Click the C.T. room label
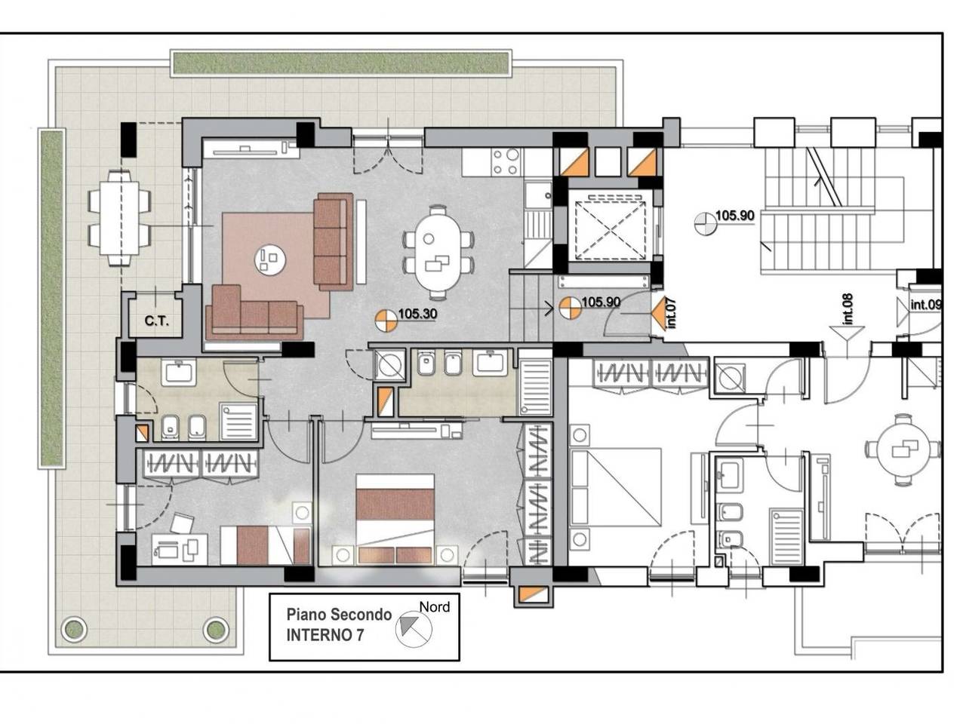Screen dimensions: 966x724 coord(157,321)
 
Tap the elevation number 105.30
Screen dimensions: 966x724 coord(417,314)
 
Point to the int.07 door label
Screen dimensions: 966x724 coord(672,314)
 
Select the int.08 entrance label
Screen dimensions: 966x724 coord(848,309)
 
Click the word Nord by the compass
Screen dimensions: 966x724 coord(435,607)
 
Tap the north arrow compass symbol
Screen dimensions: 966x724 coord(414,629)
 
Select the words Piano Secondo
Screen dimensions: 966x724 coord(339,614)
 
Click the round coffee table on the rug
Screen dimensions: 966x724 coord(270,259)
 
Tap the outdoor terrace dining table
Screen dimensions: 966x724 coord(118,219)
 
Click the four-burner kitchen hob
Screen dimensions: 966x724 coord(506,161)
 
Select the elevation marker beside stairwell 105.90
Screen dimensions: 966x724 coord(704,223)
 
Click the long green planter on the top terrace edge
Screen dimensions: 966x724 coord(342,63)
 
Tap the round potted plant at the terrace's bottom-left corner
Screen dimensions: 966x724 coord(73,630)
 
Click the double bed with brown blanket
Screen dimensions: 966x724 coord(395,519)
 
